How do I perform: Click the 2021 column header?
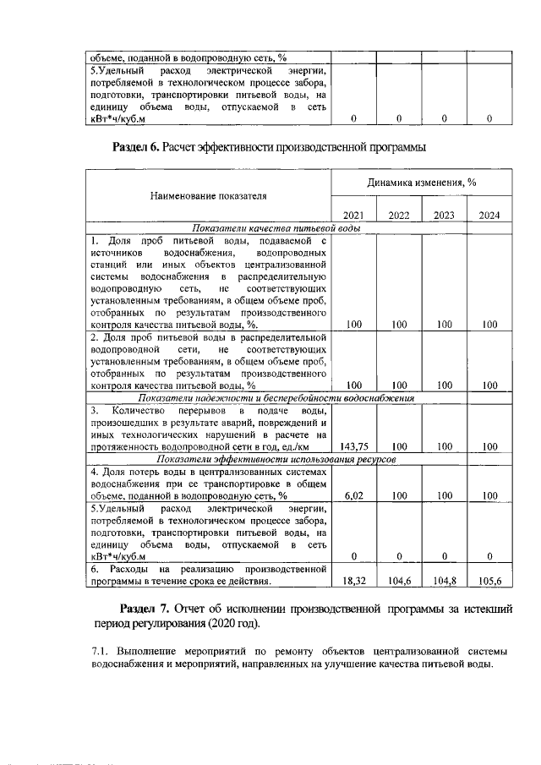tap(353, 216)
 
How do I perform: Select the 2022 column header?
tap(399, 216)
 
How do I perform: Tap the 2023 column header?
tap(444, 216)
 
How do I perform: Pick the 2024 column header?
tap(489, 216)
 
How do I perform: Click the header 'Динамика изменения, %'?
tap(422, 183)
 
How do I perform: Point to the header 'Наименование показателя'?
tap(208, 196)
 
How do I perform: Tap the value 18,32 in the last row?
tap(353, 582)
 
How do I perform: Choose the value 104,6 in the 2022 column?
tap(399, 582)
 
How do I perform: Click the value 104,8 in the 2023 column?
tap(444, 582)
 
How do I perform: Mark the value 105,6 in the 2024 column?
tap(489, 582)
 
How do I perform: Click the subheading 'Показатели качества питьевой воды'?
tap(276, 228)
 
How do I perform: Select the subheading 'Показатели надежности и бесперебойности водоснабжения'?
tap(276, 398)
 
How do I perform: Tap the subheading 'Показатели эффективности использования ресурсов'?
tap(276, 458)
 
